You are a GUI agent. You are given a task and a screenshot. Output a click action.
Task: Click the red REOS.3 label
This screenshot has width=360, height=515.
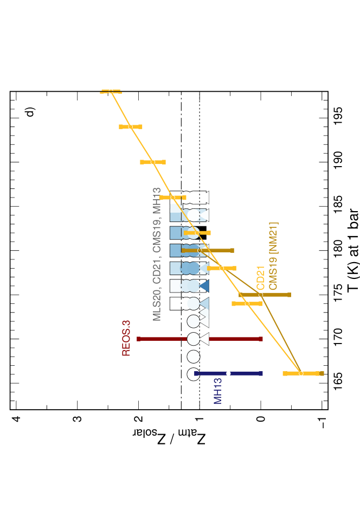pos(126,338)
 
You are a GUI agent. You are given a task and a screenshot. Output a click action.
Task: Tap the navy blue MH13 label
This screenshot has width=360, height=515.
pos(218,391)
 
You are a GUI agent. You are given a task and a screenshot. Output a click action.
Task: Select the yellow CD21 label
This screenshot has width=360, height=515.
pos(261,278)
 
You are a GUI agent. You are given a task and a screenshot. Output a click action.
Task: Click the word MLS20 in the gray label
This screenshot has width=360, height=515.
pos(157,304)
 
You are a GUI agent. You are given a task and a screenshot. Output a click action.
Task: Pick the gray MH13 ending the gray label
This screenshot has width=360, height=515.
pos(157,200)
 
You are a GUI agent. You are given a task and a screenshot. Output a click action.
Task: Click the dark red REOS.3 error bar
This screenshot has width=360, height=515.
pos(163,339)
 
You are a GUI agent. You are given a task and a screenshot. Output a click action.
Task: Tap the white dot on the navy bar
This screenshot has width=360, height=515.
pos(228,373)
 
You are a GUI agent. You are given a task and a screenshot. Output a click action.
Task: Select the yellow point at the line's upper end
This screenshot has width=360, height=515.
pos(111,91)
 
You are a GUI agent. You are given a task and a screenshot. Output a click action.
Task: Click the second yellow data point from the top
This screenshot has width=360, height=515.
pos(131,126)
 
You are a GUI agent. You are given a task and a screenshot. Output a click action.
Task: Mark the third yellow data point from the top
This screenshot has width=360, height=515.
pos(153,162)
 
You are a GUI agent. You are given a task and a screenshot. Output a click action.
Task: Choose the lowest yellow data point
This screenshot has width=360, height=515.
pos(301,373)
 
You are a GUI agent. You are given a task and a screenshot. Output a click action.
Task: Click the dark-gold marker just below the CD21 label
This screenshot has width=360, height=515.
pos(261,295)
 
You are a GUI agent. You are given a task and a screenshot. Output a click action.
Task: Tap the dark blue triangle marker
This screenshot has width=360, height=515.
pos(204,285)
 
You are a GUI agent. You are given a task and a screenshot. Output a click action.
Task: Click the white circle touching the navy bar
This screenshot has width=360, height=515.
pos(193,374)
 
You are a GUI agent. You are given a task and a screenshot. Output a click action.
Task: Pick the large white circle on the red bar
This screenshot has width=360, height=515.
pos(193,339)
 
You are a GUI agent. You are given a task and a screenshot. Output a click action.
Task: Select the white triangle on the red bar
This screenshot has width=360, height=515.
pos(204,339)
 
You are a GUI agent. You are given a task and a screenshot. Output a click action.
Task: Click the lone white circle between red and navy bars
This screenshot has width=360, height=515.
pos(193,357)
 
